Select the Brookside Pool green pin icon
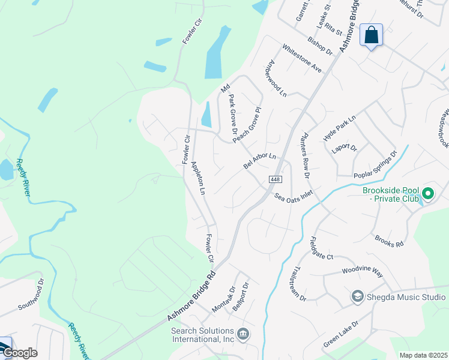point(428,194)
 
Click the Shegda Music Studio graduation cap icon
point(357,297)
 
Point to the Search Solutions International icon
point(243,334)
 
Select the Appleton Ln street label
point(198,178)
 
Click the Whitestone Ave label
point(302,59)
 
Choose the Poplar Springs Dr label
point(376,165)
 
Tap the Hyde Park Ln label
point(340,128)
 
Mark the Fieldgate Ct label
point(321,249)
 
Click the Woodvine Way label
point(363,272)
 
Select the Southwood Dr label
point(31,293)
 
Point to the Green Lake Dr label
point(340,334)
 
